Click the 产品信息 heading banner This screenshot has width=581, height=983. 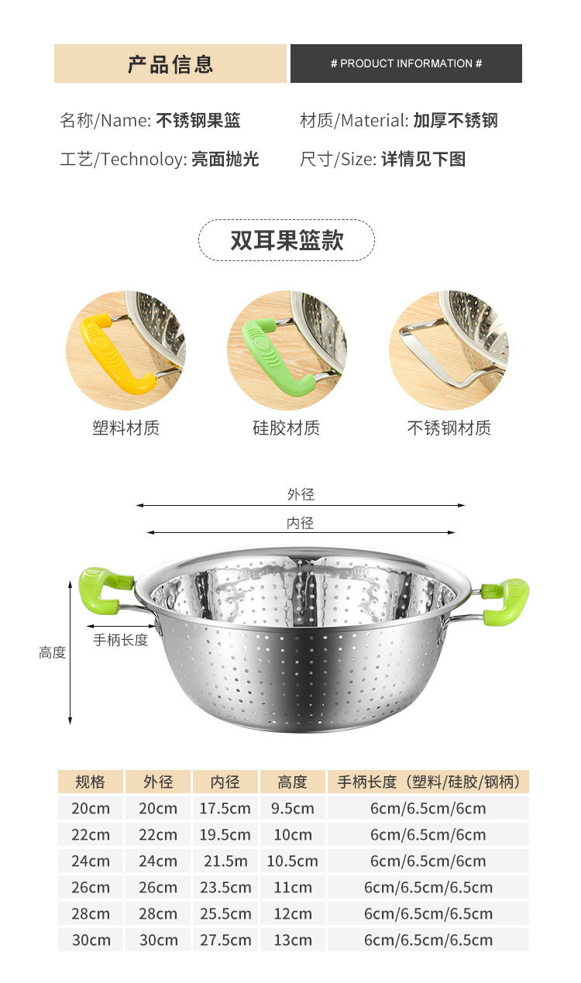coord(170,64)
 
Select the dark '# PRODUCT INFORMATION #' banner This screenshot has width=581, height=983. coord(406,64)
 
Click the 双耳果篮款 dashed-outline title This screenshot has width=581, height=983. coord(287,240)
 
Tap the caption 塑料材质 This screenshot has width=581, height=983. coord(125,428)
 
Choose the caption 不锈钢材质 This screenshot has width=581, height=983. coord(449,428)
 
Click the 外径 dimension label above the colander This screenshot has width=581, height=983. coord(301,494)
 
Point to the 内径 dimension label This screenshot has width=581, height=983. coord(301,524)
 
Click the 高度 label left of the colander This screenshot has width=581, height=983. coord(53,653)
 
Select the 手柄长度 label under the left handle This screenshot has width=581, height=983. coord(121,641)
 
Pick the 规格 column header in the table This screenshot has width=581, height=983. coord(91,782)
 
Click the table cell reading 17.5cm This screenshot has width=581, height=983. coord(225,809)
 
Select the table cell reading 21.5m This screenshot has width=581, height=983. coord(225,861)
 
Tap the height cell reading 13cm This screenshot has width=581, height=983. coord(292,940)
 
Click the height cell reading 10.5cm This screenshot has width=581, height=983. coord(292,861)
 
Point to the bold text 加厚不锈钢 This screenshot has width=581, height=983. coord(456,121)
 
